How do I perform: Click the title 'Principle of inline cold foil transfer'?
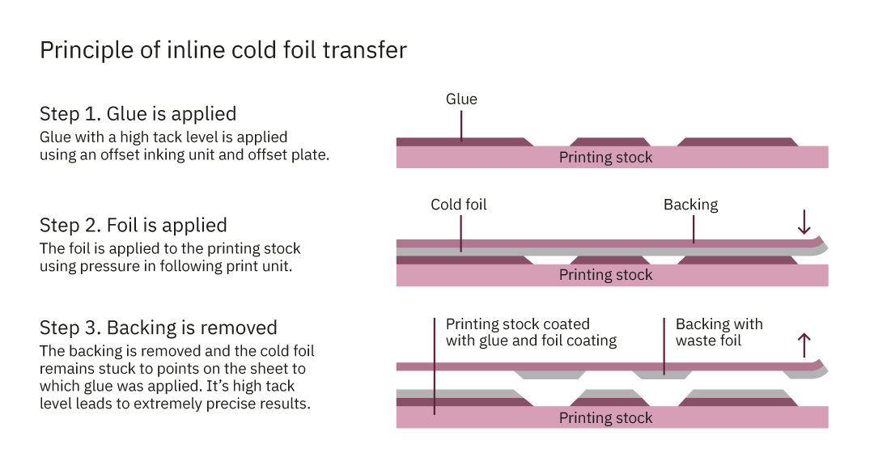coord(223,51)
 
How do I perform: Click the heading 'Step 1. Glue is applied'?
coord(138,113)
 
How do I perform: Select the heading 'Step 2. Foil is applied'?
coord(133,225)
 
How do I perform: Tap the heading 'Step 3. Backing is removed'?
coord(158,328)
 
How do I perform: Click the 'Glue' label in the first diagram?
coord(461,99)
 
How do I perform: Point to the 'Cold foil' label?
coord(458,205)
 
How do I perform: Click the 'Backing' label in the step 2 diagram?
coord(690,205)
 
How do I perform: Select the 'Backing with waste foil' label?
coord(719,332)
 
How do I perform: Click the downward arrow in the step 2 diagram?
coord(804,222)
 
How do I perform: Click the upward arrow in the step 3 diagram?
coord(804,345)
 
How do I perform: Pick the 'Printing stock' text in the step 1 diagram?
coord(605,157)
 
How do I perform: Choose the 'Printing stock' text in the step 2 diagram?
coord(605,275)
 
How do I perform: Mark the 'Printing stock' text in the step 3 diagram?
coord(605,417)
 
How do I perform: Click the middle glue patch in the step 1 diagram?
coord(611,142)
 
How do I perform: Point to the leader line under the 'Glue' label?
coord(461,125)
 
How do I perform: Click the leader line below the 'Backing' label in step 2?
coord(694,230)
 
